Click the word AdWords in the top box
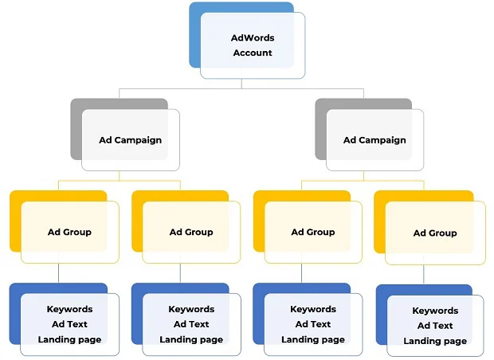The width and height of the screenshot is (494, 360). (252, 37)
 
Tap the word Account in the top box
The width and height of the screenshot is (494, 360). (252, 53)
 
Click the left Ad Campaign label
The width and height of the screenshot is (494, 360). (130, 140)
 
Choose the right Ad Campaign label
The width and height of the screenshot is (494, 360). (374, 140)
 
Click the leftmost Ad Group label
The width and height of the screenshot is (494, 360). (69, 233)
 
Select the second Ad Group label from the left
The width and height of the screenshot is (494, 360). (191, 233)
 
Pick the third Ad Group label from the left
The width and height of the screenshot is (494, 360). (313, 233)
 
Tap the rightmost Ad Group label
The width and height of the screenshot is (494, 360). (435, 233)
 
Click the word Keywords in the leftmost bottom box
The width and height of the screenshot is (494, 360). (69, 309)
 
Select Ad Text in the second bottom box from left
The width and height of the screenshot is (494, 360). (191, 324)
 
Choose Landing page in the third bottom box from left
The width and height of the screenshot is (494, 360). (313, 339)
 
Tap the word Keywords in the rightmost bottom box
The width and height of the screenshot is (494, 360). (435, 311)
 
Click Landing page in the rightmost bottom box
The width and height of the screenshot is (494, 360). (435, 341)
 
